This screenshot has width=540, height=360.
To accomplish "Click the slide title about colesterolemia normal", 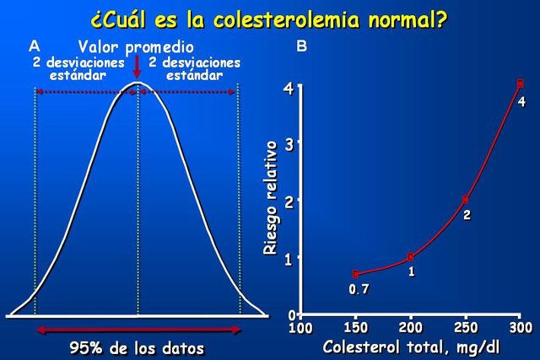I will (268, 18).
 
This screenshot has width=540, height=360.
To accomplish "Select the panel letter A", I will (34, 46).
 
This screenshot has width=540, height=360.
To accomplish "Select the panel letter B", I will (301, 47).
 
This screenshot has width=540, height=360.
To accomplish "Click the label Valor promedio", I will (136, 47).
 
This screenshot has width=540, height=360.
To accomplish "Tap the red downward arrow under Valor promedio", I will (137, 70).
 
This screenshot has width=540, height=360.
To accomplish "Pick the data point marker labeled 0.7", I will (356, 274).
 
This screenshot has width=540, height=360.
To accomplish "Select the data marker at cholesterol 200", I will (411, 257).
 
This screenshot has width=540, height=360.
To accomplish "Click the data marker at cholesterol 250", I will (466, 200).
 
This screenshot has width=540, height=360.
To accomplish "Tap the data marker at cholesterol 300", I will (521, 83).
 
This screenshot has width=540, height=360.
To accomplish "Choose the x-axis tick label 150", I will (356, 327).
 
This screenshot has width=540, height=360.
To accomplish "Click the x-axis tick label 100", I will (300, 327).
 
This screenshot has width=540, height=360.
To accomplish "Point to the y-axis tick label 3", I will (289, 143).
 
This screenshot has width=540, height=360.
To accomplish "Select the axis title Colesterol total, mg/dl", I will (411, 347).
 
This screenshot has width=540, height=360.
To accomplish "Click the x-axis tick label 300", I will (521, 327).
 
